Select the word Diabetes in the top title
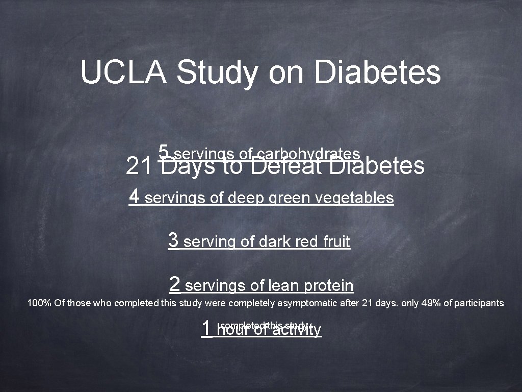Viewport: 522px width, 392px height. (x=377, y=72)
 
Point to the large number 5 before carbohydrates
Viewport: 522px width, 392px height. (x=164, y=152)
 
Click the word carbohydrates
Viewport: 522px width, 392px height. (x=309, y=154)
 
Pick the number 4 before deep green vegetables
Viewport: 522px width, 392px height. (x=135, y=195)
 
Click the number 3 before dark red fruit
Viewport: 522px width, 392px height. (x=173, y=239)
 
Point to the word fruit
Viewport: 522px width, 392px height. (x=337, y=241)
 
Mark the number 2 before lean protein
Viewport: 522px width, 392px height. (x=175, y=284)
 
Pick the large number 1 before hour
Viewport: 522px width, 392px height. (x=206, y=328)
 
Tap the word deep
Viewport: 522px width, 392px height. (x=244, y=198)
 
